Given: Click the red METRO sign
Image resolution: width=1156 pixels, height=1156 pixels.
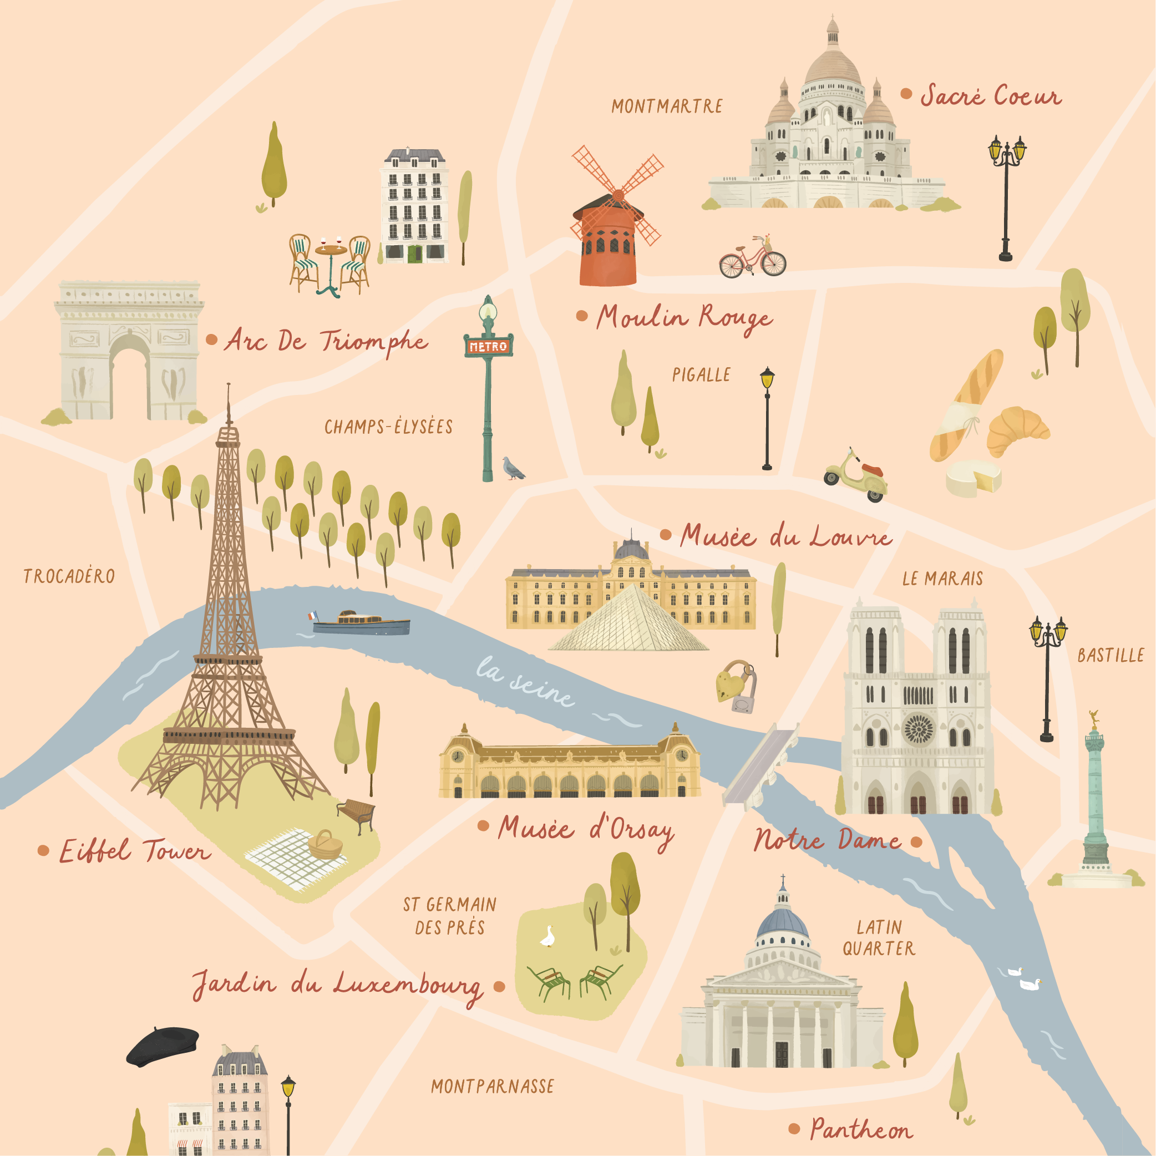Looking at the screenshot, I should click(x=488, y=347).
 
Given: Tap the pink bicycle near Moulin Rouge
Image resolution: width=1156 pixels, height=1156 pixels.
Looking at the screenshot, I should click(x=752, y=258).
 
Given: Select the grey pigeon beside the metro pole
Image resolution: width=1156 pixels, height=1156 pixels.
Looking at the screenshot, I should click(x=512, y=469).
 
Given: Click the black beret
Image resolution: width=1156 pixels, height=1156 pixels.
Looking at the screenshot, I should click(x=163, y=1046).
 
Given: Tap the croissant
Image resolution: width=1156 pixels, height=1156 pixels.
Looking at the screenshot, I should click(x=1017, y=429).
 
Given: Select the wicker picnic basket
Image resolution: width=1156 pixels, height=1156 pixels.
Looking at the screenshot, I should click(x=326, y=845).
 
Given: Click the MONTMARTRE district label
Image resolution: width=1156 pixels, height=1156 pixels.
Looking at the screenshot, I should click(x=667, y=107).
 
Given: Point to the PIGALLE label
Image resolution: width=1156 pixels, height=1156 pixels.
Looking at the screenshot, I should click(x=701, y=375).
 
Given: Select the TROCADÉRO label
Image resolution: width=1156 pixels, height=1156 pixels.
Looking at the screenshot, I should click(x=69, y=576).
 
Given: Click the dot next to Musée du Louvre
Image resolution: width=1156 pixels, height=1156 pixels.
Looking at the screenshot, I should click(x=665, y=535).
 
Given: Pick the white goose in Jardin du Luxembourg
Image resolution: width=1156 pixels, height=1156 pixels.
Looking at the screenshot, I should click(x=547, y=937).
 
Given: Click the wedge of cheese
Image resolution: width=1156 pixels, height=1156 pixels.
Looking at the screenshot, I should click(x=974, y=478).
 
